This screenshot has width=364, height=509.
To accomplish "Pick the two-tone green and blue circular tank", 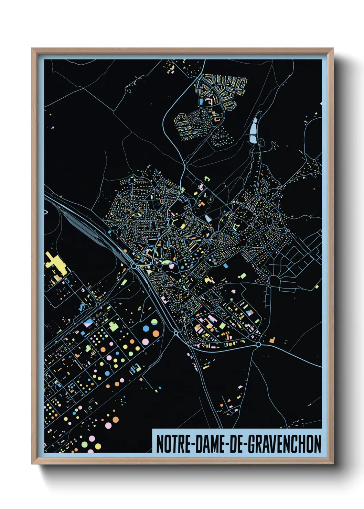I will (154, 322).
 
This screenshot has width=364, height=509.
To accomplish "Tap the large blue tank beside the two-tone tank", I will (146, 328).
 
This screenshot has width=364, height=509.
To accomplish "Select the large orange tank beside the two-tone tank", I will (156, 333).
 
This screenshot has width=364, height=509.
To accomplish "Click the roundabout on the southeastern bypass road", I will (258, 344).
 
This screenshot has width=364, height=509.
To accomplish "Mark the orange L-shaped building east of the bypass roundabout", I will (272, 340).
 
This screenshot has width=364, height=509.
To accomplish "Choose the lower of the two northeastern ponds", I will (253, 139).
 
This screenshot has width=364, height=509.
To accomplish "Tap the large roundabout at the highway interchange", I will (133, 266).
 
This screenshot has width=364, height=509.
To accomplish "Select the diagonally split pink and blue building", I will (88, 323).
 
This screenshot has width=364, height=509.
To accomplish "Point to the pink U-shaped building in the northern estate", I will (209, 102).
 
